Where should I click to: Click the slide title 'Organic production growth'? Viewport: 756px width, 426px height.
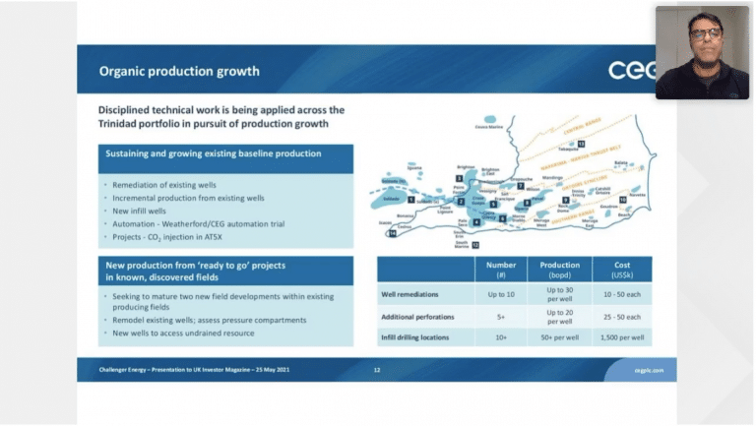[179, 71]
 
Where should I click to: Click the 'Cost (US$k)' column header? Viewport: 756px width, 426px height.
[621, 269]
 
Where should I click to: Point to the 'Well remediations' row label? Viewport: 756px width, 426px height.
[411, 295]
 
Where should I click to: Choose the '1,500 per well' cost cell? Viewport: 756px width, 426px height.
[621, 337]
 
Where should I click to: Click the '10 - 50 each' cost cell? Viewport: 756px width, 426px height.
[621, 295]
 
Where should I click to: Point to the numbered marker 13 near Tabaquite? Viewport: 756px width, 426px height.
[581, 145]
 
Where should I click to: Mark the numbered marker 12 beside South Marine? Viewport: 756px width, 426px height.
[476, 245]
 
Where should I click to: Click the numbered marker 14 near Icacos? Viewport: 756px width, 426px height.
[391, 234]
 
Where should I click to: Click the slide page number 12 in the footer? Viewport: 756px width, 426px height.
[377, 370]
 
